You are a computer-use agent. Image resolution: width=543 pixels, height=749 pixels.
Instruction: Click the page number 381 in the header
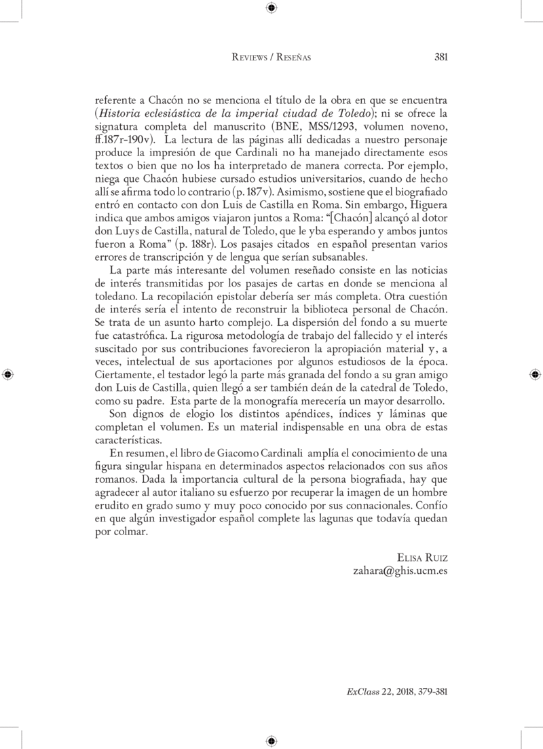[440, 58]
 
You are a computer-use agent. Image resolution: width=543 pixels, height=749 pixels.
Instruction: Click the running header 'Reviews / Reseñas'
[271, 58]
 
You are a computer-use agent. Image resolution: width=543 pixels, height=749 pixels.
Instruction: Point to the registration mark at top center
[271, 7]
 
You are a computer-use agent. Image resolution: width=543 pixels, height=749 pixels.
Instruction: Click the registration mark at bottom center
[271, 740]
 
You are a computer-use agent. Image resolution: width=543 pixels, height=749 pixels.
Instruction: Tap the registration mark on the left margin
[7, 374]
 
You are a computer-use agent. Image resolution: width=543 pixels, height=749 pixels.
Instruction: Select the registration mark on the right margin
[535, 374]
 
